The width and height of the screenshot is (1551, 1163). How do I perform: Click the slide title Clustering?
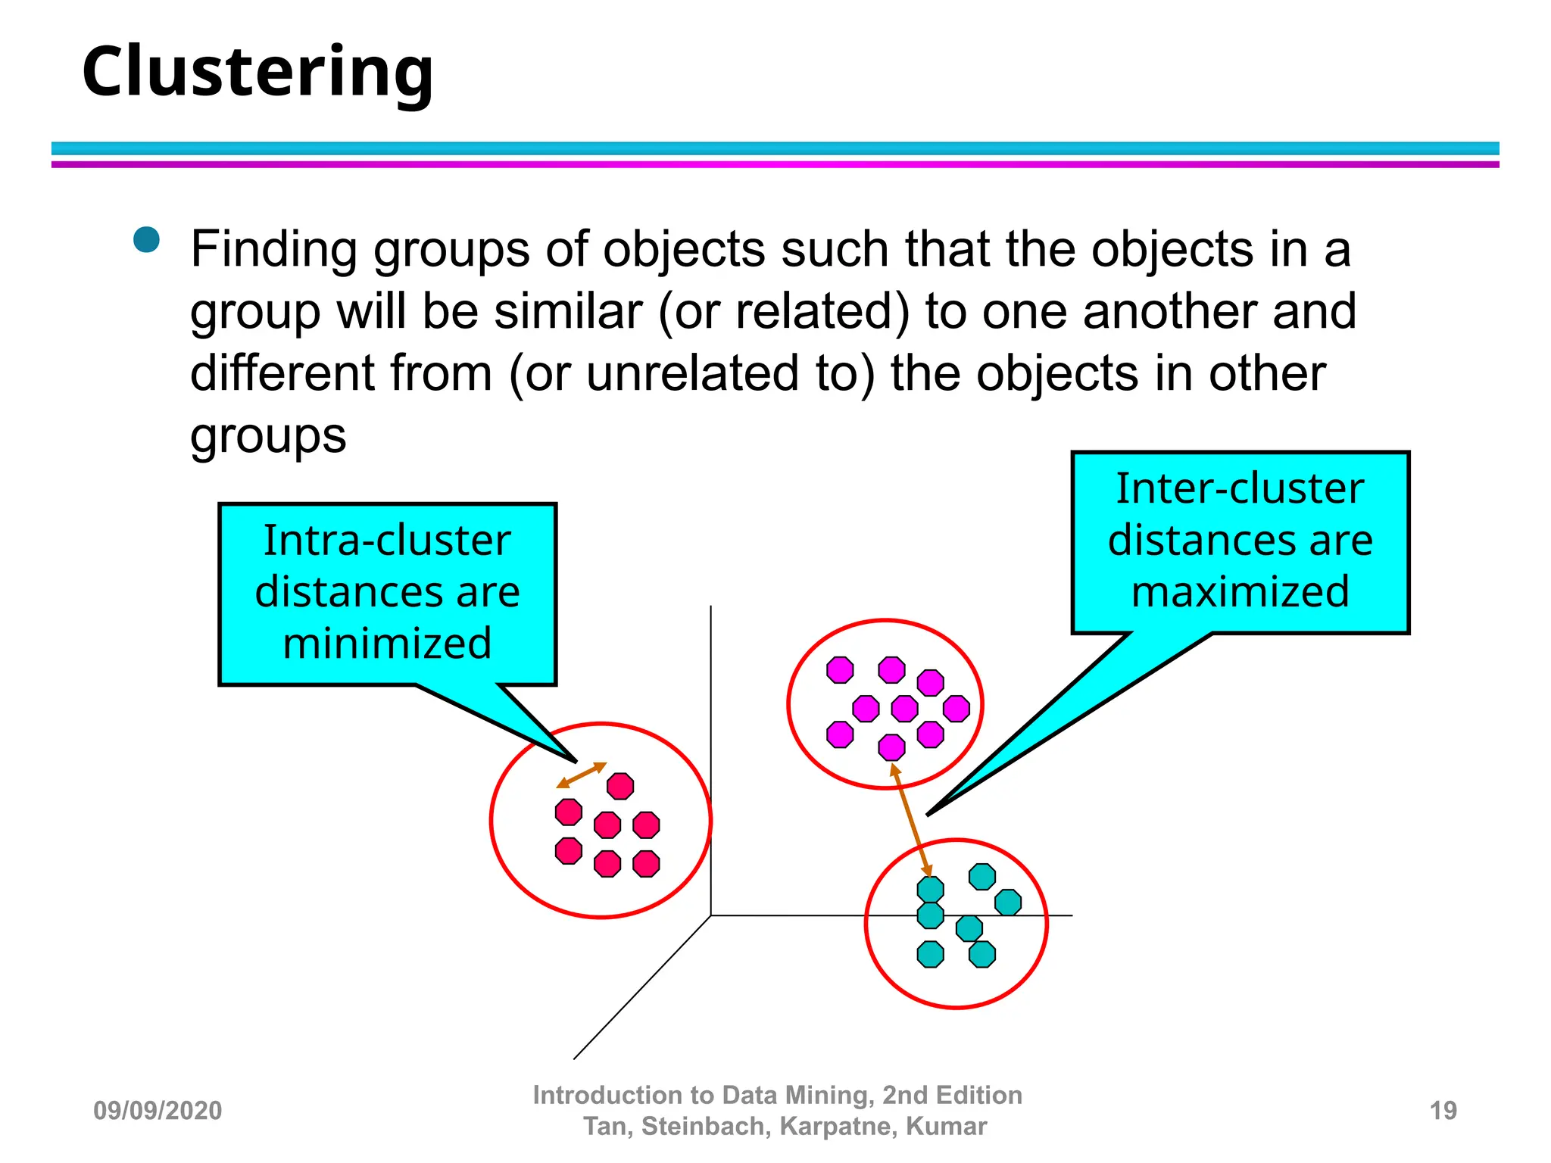[257, 72]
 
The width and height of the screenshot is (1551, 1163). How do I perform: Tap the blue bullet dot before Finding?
[146, 240]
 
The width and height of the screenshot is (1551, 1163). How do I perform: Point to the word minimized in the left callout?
[387, 644]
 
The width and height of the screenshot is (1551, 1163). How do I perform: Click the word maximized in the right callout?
[1240, 591]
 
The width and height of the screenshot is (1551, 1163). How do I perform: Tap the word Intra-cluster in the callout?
[387, 541]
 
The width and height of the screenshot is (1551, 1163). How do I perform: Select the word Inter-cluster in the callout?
[1240, 488]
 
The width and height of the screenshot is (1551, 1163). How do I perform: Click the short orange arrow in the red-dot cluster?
[582, 775]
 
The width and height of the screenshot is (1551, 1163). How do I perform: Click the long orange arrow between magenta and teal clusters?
[911, 819]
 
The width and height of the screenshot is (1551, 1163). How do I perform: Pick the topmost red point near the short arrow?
[620, 786]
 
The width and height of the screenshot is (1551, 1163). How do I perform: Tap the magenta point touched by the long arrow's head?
[891, 747]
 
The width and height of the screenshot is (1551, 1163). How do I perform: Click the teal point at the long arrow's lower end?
[930, 889]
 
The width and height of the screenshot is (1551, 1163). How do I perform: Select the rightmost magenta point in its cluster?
[957, 709]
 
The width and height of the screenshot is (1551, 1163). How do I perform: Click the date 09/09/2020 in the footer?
[158, 1111]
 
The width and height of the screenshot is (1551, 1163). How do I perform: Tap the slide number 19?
[1443, 1111]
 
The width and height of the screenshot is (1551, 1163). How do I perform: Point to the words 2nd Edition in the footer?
[952, 1096]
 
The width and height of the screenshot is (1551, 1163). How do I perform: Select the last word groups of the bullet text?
[268, 437]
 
